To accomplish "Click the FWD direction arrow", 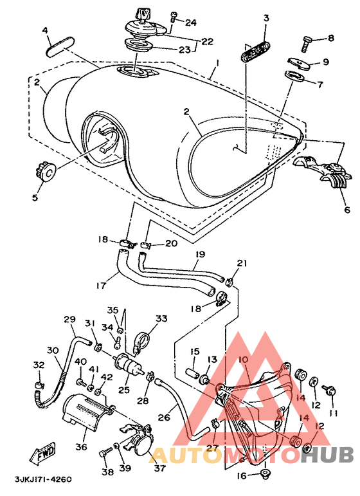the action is (42, 453).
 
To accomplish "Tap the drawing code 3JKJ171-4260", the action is (43, 479).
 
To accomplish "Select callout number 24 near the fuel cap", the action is (190, 23).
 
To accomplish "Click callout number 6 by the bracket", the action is (347, 210).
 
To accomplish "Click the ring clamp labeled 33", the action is (141, 343).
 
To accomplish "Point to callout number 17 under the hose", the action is (102, 286).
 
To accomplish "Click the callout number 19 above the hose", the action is (200, 254).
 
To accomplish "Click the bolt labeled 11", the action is (330, 390).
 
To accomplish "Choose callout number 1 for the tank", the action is (217, 63).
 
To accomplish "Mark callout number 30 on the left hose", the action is (53, 351).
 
